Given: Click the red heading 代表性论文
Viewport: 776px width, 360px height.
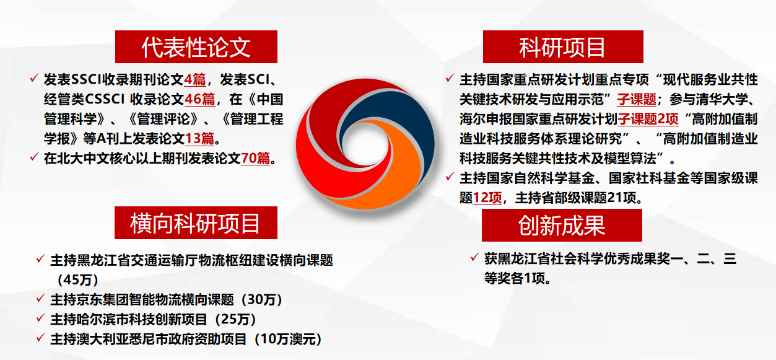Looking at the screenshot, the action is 196,46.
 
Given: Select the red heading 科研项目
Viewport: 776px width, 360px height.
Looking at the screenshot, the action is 563,46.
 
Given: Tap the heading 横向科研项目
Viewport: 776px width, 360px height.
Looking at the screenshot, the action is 196,223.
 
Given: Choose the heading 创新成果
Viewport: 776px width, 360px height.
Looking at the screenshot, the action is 562,225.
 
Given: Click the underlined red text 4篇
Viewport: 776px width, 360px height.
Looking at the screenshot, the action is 195,80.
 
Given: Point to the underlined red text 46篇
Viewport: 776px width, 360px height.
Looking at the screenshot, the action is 200,99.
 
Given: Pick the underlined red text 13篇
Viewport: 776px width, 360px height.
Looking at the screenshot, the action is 200,139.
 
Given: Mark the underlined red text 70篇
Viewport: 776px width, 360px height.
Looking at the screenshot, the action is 255,159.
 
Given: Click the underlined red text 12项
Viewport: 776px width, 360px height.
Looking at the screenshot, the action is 487,198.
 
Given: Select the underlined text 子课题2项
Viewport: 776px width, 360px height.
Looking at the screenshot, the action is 648,119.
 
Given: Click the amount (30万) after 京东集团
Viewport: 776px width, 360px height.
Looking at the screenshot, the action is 262,300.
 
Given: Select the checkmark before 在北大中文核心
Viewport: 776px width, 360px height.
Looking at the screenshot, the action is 33,157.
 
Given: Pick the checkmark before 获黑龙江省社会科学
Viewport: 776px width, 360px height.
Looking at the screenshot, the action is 474,257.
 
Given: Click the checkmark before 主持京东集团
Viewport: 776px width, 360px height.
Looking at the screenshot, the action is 40,298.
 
